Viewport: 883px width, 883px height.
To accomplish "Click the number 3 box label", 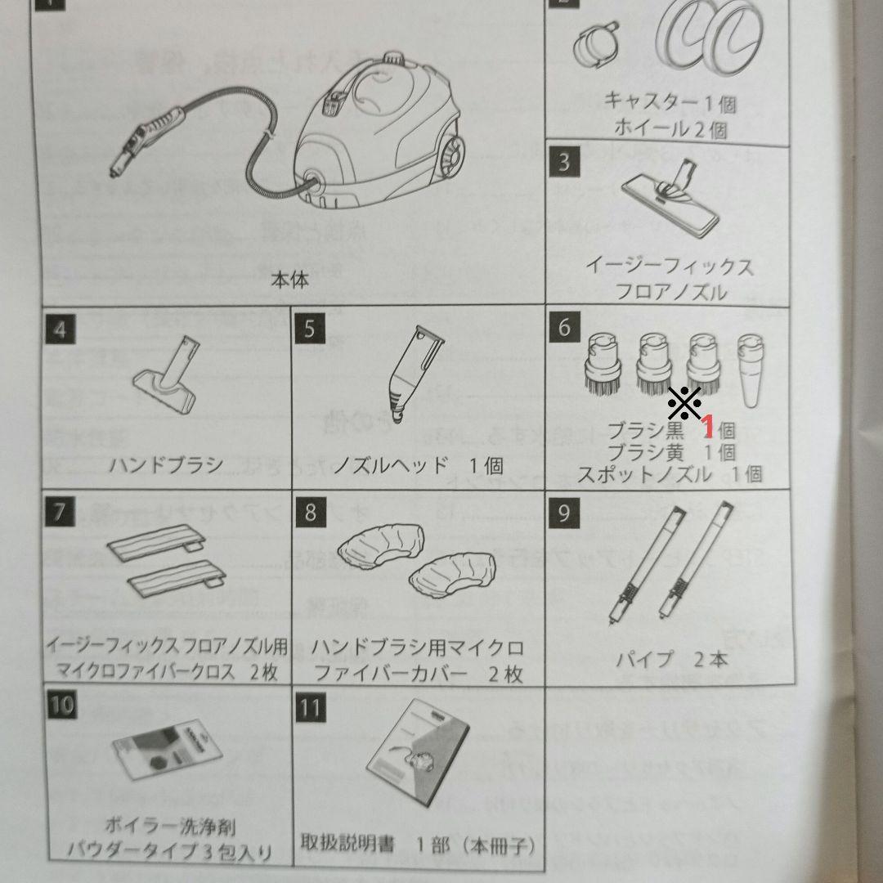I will pos(563,162).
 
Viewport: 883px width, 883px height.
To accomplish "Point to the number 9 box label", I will pos(563,513).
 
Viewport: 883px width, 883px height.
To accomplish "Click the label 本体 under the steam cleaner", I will pos(289,280).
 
